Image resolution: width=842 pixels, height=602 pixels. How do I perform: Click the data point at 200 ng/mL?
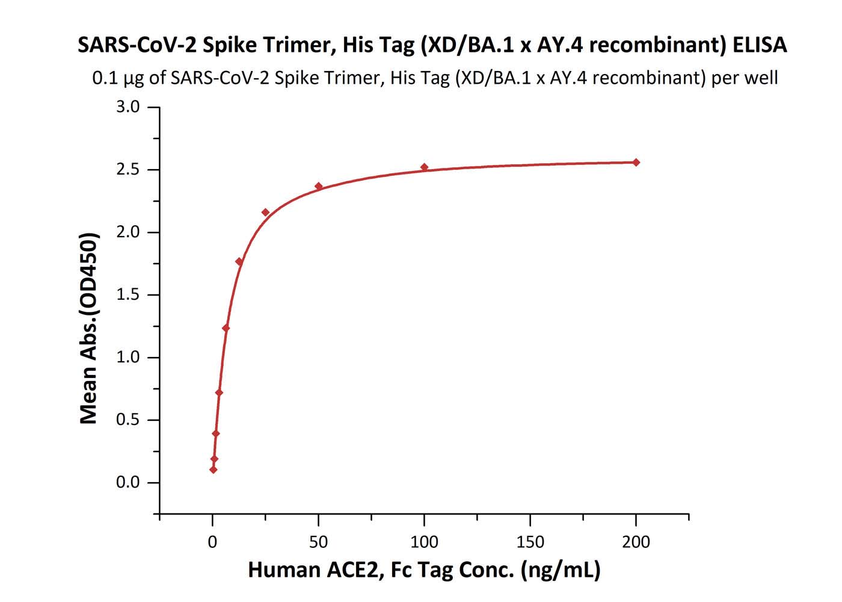pyautogui.click(x=636, y=162)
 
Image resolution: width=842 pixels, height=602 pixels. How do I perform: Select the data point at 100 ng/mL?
pyautogui.click(x=424, y=167)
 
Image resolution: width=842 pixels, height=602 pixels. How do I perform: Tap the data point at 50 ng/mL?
pyautogui.click(x=319, y=187)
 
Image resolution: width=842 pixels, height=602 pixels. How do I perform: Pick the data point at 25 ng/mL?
pyautogui.click(x=265, y=213)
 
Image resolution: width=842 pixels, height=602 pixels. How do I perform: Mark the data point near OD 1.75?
pyautogui.click(x=239, y=262)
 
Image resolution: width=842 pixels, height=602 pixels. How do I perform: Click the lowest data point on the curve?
pyautogui.click(x=214, y=470)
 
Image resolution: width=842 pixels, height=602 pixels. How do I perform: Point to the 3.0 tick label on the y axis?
pyautogui.click(x=128, y=107)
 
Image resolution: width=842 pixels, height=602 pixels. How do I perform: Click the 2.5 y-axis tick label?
pyautogui.click(x=128, y=170)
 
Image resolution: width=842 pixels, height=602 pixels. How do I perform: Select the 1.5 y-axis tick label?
pyautogui.click(x=128, y=295)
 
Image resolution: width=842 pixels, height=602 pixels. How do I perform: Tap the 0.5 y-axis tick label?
pyautogui.click(x=128, y=420)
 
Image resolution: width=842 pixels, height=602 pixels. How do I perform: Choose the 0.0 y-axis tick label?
pyautogui.click(x=128, y=483)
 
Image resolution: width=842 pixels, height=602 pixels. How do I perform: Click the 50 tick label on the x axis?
pyautogui.click(x=318, y=542)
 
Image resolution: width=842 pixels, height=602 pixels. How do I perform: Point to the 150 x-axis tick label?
pyautogui.click(x=530, y=542)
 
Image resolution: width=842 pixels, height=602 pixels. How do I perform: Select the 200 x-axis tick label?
pyautogui.click(x=636, y=542)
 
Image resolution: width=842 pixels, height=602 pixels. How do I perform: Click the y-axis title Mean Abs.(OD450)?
pyautogui.click(x=89, y=328)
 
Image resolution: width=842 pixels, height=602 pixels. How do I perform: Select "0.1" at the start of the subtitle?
pyautogui.click(x=103, y=78)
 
